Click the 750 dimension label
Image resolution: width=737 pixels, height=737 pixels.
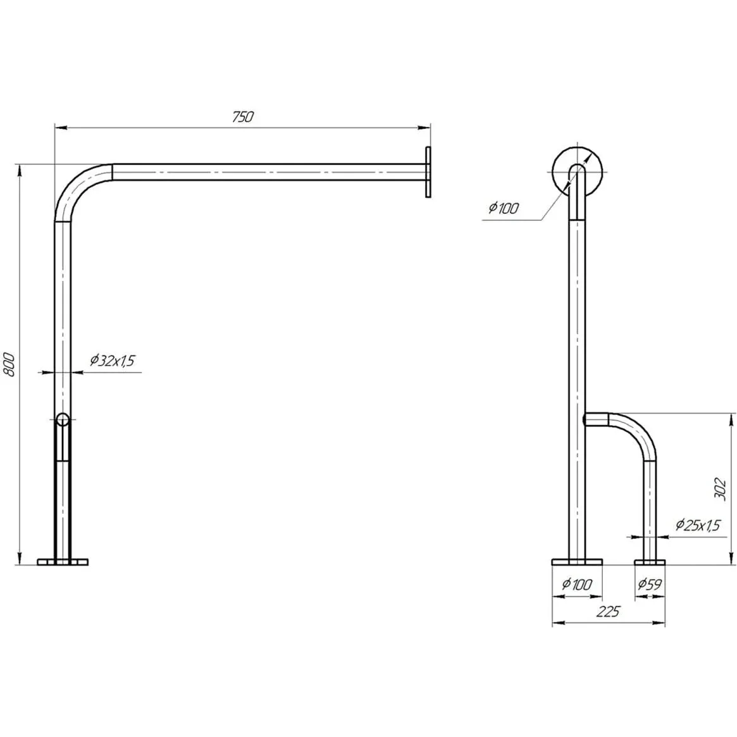click(x=242, y=116)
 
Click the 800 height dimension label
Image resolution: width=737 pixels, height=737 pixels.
click(x=10, y=364)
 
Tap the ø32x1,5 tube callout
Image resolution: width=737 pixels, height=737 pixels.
click(x=113, y=361)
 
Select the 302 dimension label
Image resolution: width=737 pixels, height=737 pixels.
click(x=720, y=489)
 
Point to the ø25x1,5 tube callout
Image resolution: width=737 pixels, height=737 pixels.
click(x=698, y=524)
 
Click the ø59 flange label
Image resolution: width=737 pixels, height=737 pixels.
click(x=650, y=585)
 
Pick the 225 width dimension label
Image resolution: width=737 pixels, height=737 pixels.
click(x=608, y=612)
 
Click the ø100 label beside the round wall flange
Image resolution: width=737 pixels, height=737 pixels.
click(x=504, y=207)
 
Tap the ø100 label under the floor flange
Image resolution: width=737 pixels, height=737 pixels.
click(x=577, y=585)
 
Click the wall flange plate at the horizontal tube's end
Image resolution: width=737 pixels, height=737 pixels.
click(x=428, y=172)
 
